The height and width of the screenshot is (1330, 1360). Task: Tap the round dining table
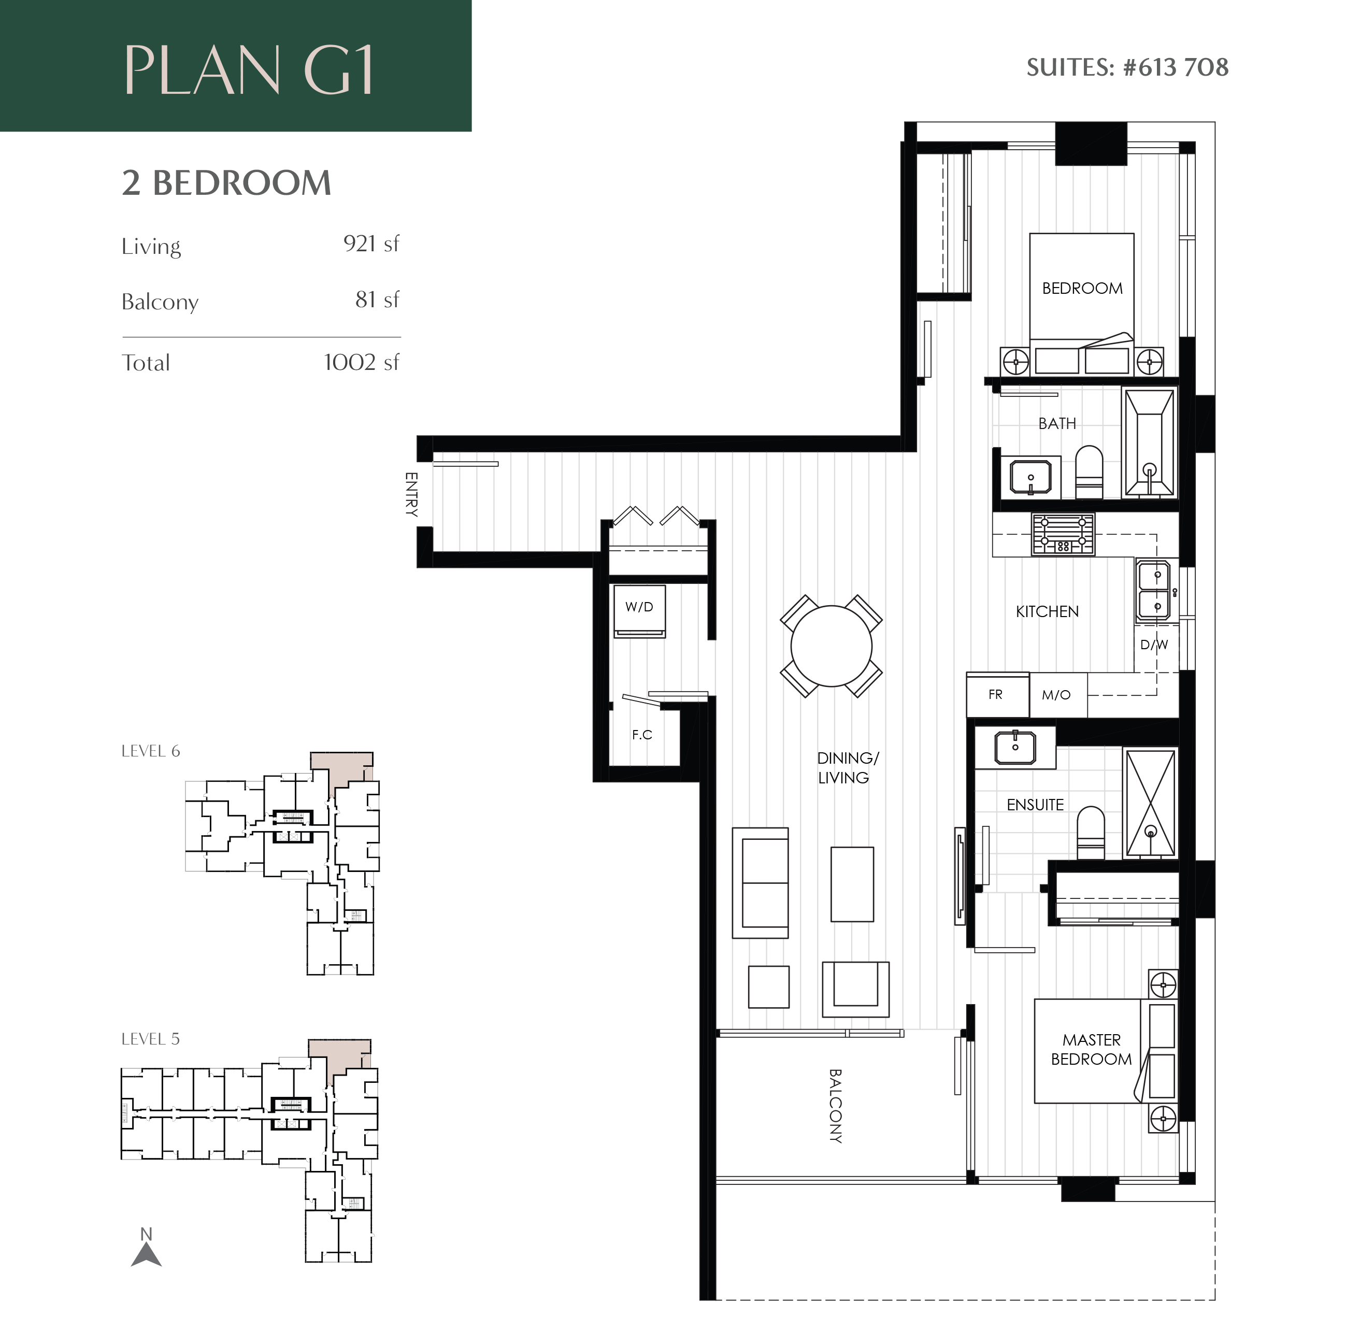[x=831, y=646]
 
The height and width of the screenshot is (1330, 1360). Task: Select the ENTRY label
[x=411, y=494]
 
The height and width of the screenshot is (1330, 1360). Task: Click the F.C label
[x=642, y=734]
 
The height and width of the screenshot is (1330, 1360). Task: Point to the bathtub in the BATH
[x=1149, y=443]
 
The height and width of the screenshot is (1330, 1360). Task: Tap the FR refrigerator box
[x=997, y=695]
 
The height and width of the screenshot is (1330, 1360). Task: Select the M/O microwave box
[x=1056, y=695]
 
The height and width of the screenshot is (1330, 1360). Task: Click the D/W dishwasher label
[x=1154, y=645]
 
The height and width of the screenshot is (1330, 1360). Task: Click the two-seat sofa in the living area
[x=761, y=883]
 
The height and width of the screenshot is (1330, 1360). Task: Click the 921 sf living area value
[x=371, y=244]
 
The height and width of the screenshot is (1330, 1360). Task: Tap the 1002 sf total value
[x=361, y=363]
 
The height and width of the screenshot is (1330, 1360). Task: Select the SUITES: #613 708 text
[x=1127, y=68]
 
